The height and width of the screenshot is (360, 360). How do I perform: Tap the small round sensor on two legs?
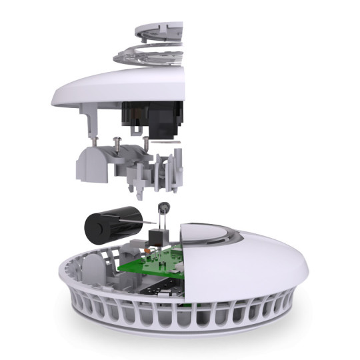tap(161, 209)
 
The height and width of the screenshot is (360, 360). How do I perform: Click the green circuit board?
tap(150, 264)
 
